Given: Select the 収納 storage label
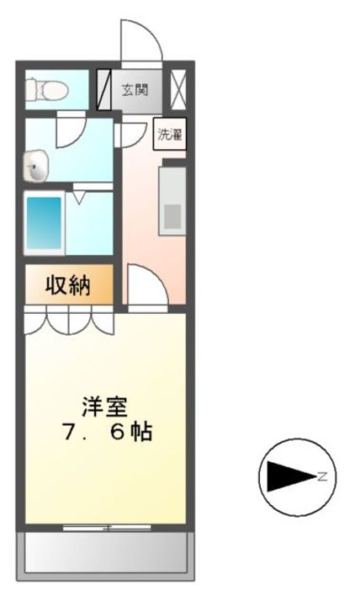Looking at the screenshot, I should tap(68, 286).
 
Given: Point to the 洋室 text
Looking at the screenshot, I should tap(105, 407).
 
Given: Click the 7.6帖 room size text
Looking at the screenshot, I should tap(106, 433).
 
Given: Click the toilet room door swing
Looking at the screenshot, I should tap(71, 127).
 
